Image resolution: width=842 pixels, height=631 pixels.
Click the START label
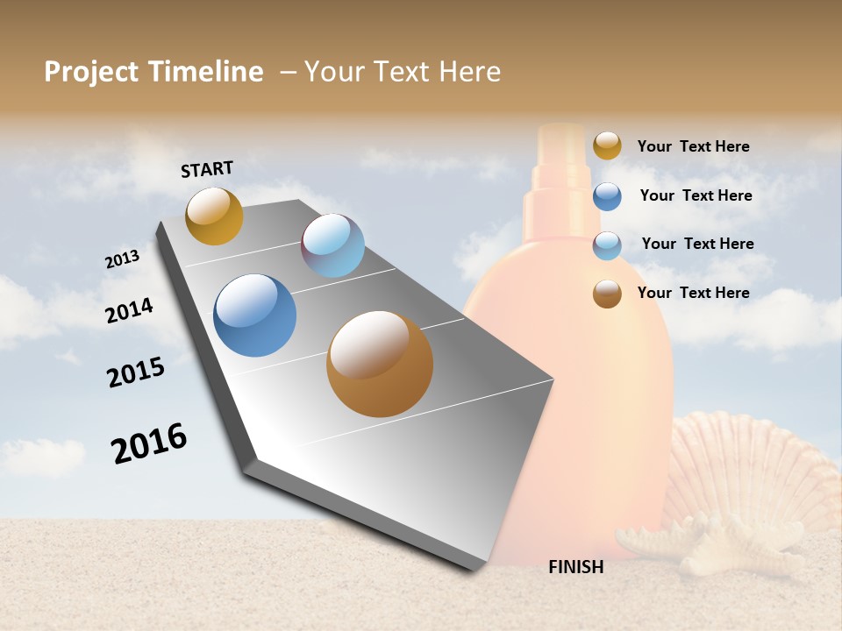click(x=207, y=169)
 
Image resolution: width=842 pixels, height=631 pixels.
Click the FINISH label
click(x=576, y=567)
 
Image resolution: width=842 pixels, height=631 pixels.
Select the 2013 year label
click(x=122, y=259)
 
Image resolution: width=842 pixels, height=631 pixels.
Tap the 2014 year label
click(x=129, y=310)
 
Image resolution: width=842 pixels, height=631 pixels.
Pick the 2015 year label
click(x=136, y=372)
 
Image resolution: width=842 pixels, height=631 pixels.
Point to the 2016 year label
click(x=149, y=443)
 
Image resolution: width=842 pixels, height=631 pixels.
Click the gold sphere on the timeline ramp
click(x=214, y=216)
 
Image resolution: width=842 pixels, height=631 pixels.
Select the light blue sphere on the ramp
click(x=332, y=245)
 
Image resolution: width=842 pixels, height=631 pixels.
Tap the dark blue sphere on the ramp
click(x=255, y=315)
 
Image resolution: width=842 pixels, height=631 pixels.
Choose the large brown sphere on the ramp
click(x=380, y=364)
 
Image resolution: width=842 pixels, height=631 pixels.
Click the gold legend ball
click(x=607, y=145)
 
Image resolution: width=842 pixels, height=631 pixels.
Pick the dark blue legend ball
click(x=607, y=196)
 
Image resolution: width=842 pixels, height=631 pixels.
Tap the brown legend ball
click(x=607, y=294)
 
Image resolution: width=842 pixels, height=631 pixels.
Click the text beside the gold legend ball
click(x=693, y=146)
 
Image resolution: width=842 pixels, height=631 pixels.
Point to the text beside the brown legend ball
click(x=693, y=293)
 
